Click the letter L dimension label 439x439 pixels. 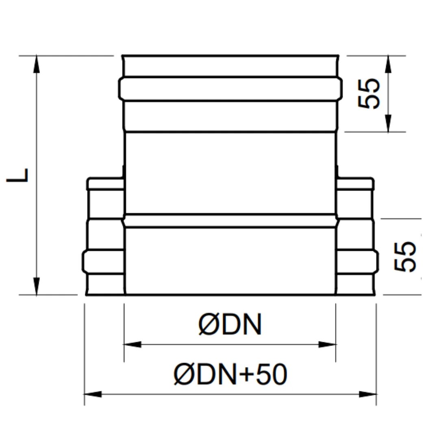click(17, 175)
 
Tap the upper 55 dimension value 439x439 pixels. click(369, 93)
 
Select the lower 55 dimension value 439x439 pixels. click(405, 256)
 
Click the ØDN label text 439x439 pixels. click(230, 324)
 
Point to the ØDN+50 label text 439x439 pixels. click(230, 374)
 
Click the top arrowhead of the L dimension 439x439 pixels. click(37, 64)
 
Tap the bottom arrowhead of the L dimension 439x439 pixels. click(37, 286)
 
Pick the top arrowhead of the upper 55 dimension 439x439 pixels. click(388, 64)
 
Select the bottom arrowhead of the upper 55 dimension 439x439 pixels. click(388, 123)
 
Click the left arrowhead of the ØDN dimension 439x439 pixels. click(133, 344)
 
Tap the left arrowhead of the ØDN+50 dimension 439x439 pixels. click(93, 394)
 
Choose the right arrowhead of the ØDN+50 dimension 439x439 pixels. click(367, 394)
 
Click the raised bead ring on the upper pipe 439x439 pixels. click(230, 88)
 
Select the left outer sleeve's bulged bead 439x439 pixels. click(103, 261)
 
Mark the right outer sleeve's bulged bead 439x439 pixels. click(357, 261)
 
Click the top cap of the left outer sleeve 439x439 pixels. click(105, 183)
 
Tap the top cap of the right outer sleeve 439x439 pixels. click(355, 183)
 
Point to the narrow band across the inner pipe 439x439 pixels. click(230, 221)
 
